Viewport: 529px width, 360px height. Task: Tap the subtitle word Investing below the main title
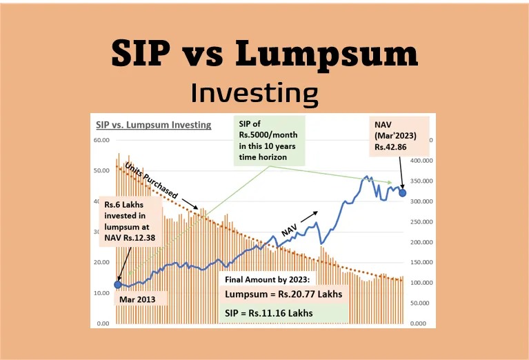[x=254, y=92]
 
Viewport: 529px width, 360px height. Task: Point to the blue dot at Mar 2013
[x=117, y=283]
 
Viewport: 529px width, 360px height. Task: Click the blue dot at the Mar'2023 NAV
[x=403, y=192]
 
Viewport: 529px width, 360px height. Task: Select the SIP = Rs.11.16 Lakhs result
[x=270, y=313]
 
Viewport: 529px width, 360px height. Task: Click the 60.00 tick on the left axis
[x=102, y=140]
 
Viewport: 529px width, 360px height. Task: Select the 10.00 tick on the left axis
[x=102, y=293]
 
